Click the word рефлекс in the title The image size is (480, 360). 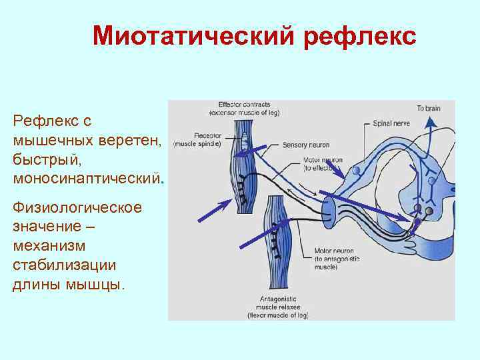[x=359, y=36]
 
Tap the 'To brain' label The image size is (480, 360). [x=429, y=108]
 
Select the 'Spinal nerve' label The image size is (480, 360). [x=390, y=124]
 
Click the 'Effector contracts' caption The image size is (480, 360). [x=244, y=109]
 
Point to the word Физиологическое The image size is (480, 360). [x=77, y=208]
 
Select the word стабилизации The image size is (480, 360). [x=64, y=265]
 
